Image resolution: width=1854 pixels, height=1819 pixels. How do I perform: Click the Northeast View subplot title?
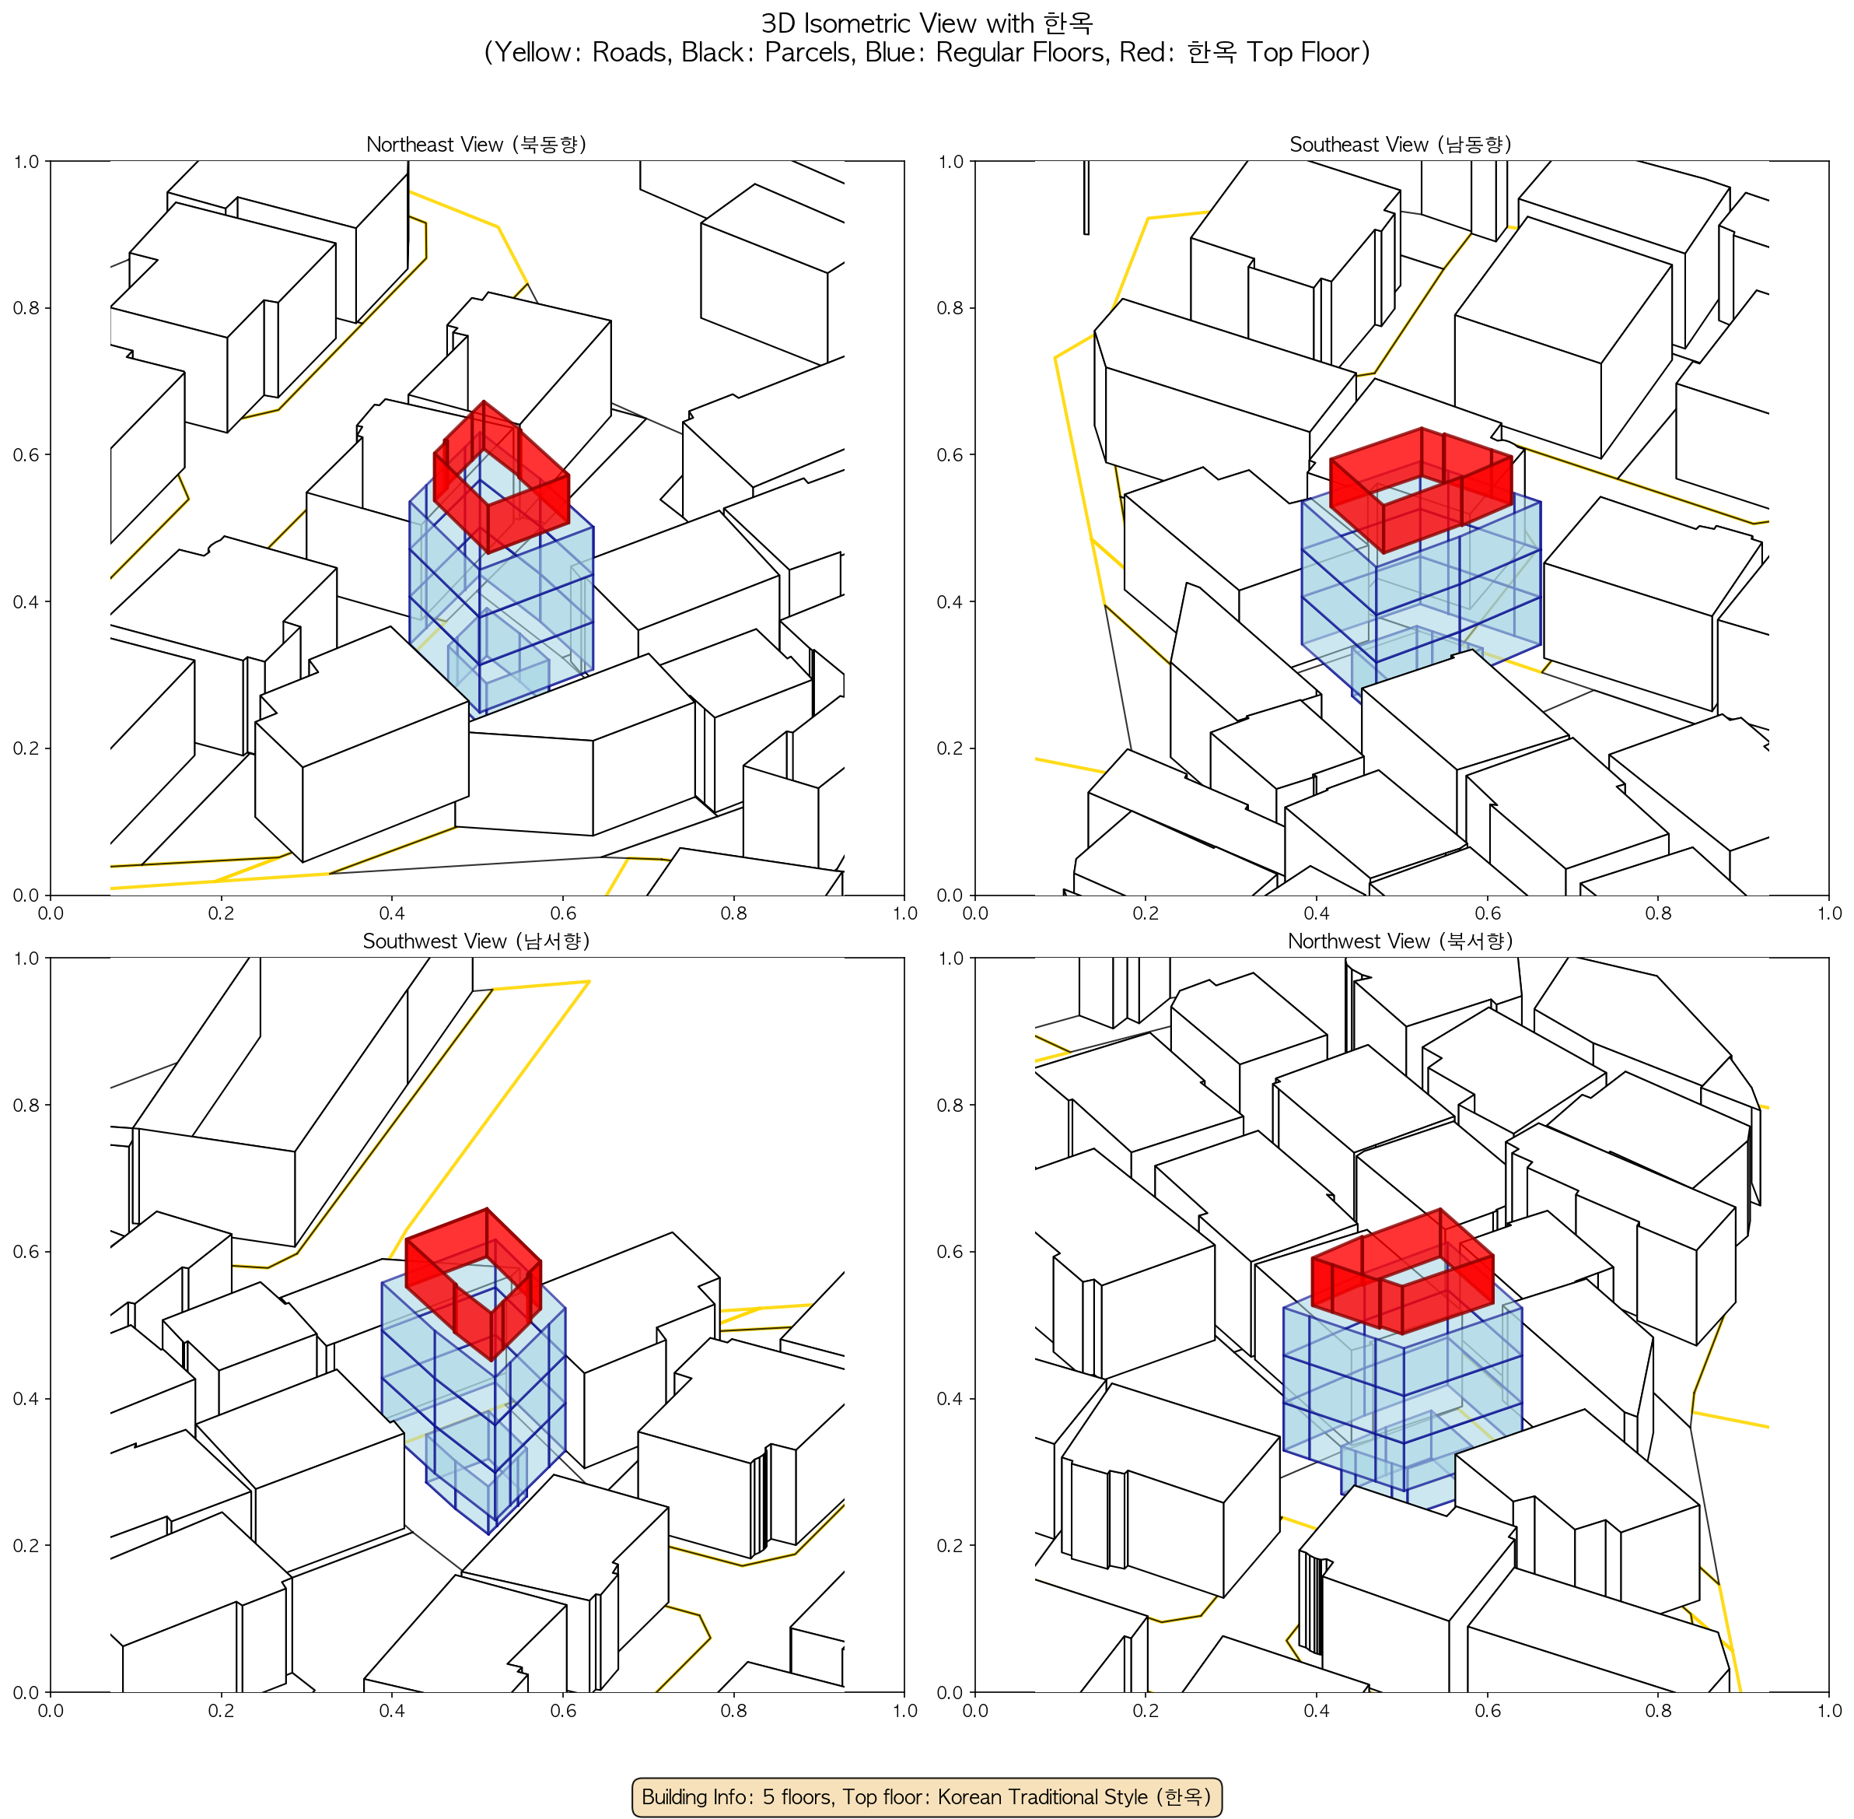click(x=477, y=144)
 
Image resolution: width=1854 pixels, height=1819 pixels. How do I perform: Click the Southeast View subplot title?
click(x=1401, y=144)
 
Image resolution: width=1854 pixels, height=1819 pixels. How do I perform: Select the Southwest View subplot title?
click(x=477, y=941)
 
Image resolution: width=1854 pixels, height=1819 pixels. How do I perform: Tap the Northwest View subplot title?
click(x=1401, y=941)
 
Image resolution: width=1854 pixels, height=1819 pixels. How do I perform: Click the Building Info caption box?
click(x=926, y=1796)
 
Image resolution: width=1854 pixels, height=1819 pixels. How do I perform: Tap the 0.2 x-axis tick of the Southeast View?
click(x=1146, y=913)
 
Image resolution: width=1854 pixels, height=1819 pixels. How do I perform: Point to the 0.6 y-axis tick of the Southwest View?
click(x=26, y=1252)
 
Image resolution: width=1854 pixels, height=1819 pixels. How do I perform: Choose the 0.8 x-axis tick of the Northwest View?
click(x=1658, y=1710)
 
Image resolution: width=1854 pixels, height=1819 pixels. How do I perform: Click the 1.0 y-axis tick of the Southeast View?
click(x=950, y=162)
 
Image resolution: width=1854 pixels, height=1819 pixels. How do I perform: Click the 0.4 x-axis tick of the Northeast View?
click(x=392, y=913)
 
